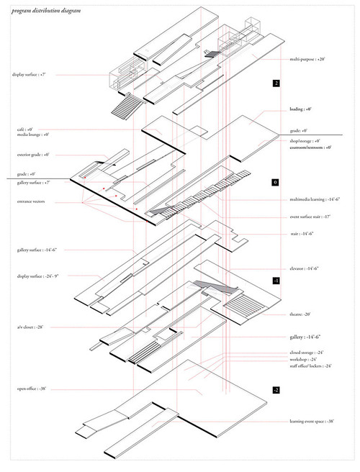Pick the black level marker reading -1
(276, 280)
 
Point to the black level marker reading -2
(276, 389)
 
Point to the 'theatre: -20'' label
(302, 314)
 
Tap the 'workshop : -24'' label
(304, 358)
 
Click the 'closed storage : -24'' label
(308, 352)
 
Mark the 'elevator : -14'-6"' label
(306, 268)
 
